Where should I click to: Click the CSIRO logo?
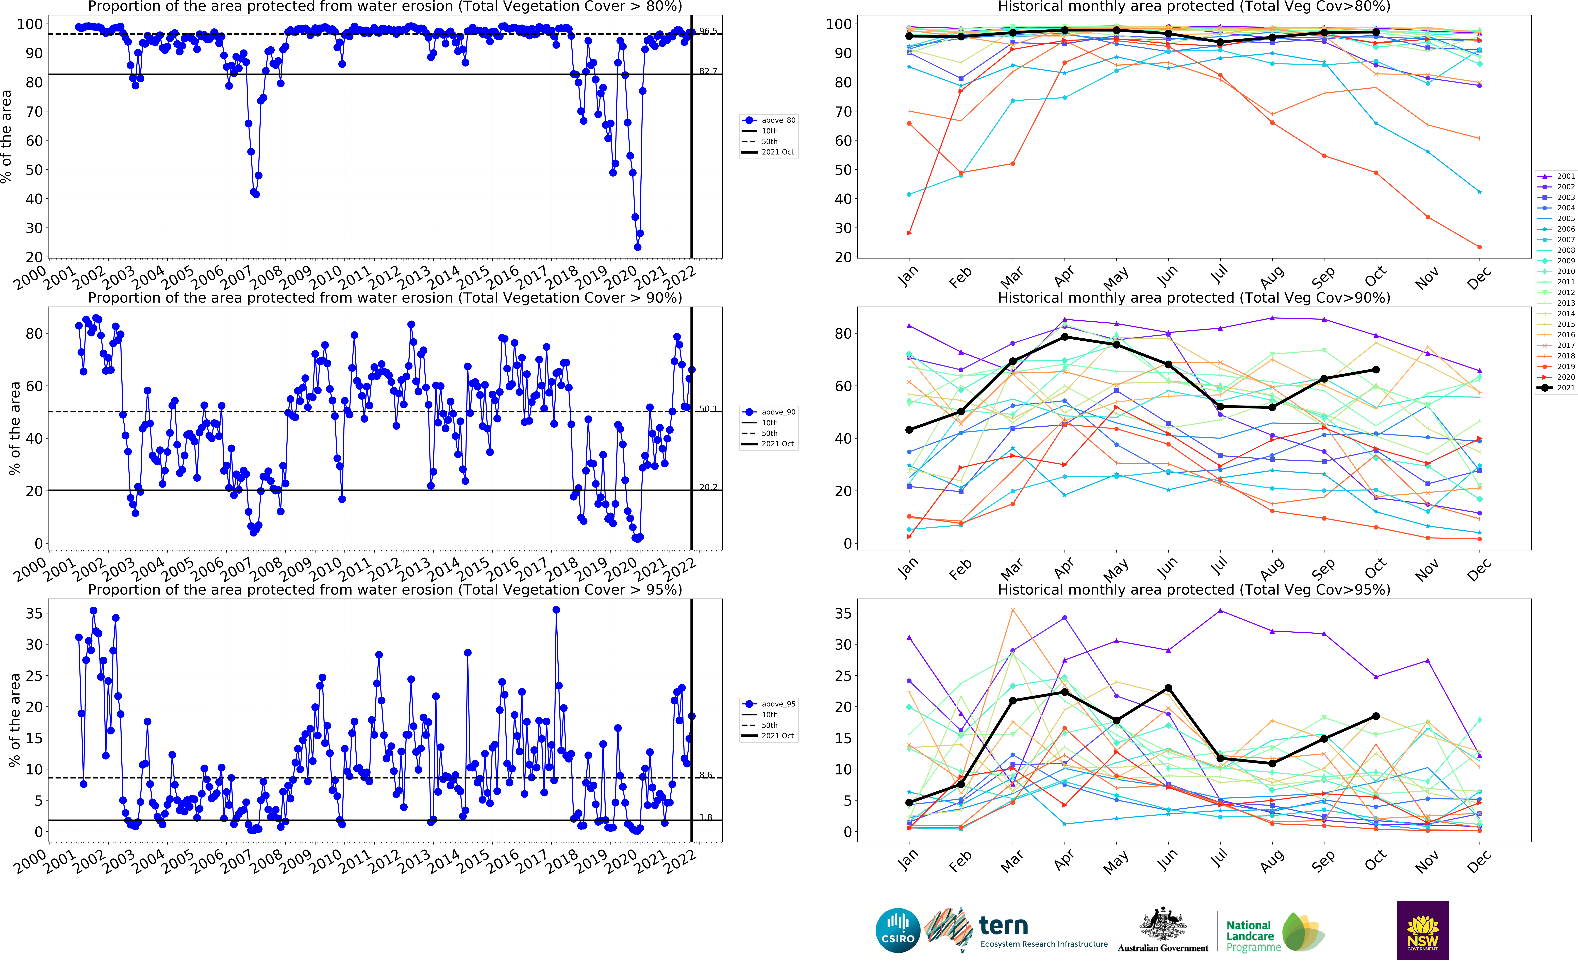point(898,930)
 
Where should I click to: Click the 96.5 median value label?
point(708,31)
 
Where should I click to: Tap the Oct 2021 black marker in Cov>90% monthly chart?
point(1375,370)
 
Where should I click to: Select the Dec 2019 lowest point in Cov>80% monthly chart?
point(1479,247)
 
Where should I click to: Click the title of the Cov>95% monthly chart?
point(1193,589)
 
